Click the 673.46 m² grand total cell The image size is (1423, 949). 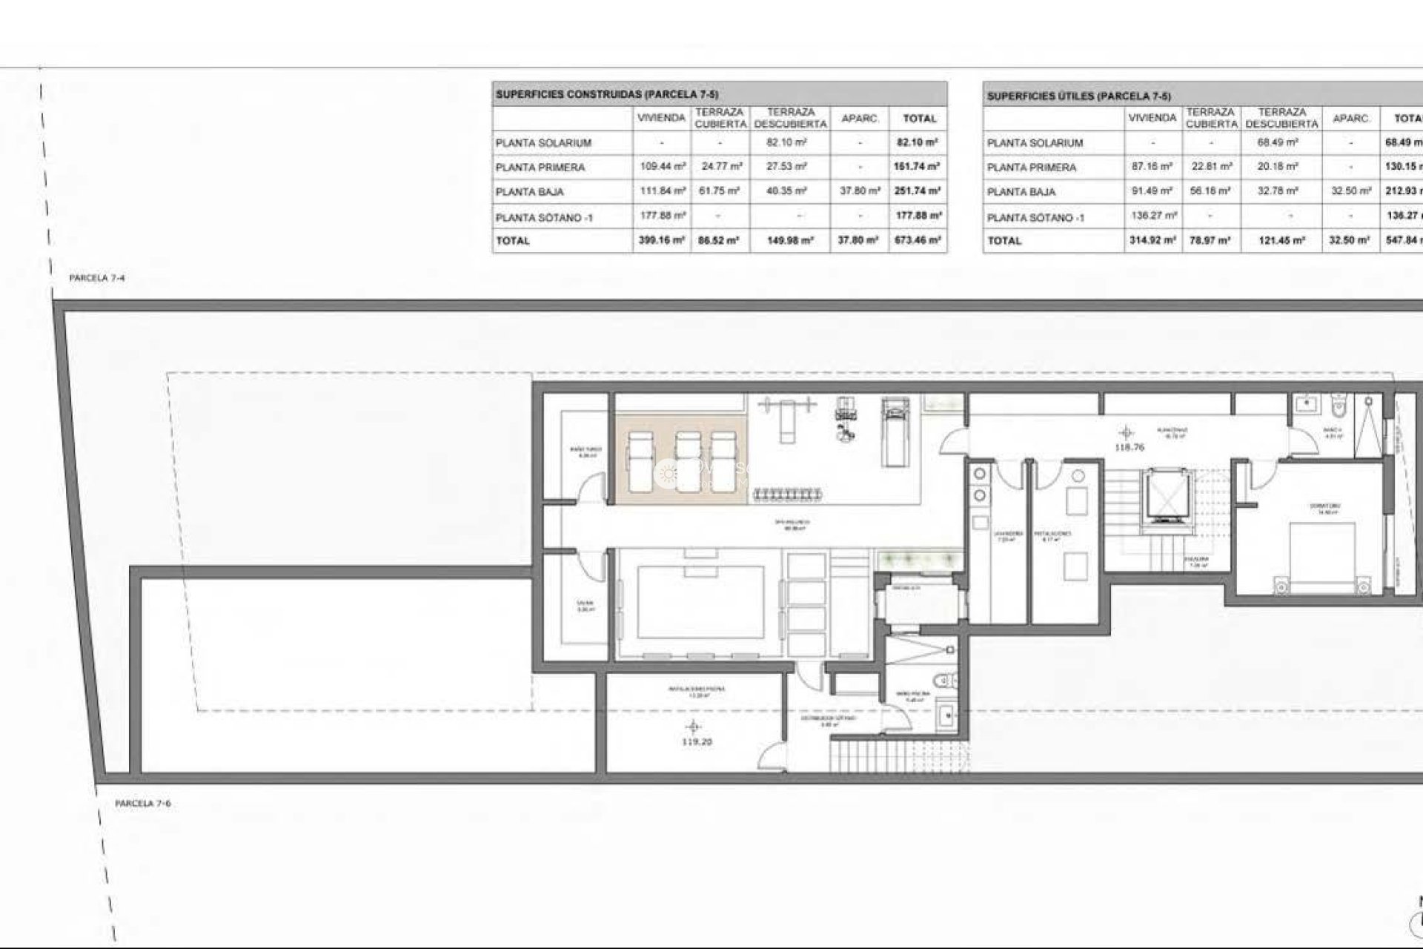coord(917,240)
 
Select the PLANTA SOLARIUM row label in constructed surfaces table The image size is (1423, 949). coord(543,143)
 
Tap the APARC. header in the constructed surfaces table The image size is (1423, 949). coord(860,119)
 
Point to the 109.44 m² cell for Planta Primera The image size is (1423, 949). coord(661,167)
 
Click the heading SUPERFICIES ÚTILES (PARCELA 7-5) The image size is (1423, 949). coord(1078,96)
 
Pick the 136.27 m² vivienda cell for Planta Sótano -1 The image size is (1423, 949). coord(1152,216)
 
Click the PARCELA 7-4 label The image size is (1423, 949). coord(96,278)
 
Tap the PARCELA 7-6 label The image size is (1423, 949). coord(142,804)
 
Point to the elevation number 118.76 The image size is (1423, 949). coord(1129,447)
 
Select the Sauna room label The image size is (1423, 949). coord(586,605)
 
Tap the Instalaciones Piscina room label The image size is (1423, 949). coord(696,689)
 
